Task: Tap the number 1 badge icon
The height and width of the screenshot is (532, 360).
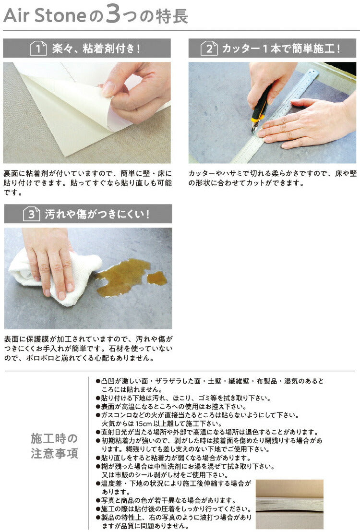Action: point(38,48)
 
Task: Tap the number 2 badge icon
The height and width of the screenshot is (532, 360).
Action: point(209,48)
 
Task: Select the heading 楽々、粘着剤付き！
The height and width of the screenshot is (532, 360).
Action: point(96,48)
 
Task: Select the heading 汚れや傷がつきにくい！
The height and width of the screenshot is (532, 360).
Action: point(97,214)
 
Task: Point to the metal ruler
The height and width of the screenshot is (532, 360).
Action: point(278,115)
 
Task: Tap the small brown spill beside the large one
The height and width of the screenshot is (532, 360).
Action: point(157,278)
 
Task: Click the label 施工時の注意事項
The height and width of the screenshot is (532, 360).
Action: point(54,446)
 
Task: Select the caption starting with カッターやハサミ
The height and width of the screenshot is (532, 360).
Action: point(273,178)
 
